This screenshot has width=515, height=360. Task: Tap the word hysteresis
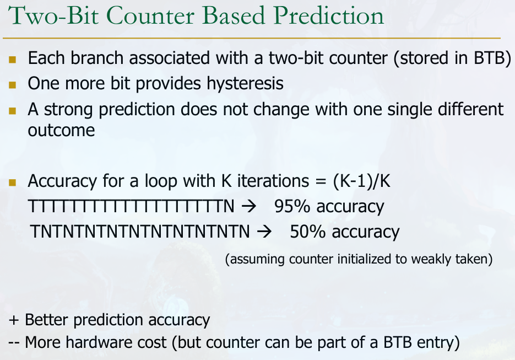tap(245, 83)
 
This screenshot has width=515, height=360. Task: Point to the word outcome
tap(62, 130)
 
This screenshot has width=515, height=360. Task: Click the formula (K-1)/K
tap(362, 181)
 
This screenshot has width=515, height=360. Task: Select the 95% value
tap(292, 207)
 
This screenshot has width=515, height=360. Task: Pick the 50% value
tap(308, 232)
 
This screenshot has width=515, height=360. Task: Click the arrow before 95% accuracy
tap(248, 207)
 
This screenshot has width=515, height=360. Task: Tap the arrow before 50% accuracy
tap(264, 232)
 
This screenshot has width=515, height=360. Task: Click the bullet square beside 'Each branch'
tap(13, 59)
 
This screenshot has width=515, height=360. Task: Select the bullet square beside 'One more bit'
tap(13, 85)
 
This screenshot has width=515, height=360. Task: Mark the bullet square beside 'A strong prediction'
tap(13, 110)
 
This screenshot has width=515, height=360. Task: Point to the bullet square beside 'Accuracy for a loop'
tap(13, 182)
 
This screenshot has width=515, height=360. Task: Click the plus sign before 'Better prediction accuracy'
tap(14, 320)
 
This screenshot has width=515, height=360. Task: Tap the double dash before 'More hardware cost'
tap(14, 342)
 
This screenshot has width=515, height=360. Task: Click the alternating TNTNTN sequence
tap(140, 232)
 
